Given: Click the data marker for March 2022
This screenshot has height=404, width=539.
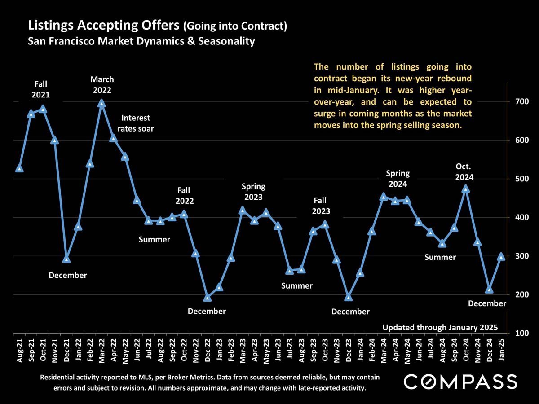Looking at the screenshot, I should coord(102,104).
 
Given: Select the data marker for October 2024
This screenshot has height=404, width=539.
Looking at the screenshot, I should coord(466,189).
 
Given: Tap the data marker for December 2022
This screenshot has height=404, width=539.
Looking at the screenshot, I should coord(208,298).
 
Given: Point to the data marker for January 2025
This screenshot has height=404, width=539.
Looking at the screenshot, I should coord(501,257).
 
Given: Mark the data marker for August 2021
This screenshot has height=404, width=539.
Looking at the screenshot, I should coord(19,169).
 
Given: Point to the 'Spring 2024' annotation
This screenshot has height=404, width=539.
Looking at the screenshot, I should coord(398,179).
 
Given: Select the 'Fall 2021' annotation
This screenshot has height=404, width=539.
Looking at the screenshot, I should coord(41,89).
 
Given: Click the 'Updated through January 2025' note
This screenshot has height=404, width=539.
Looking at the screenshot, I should coord(440,327).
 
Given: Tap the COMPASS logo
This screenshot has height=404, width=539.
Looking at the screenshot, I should coord(460,382).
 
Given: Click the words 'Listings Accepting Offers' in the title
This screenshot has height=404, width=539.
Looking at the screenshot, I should coord(104,26).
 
